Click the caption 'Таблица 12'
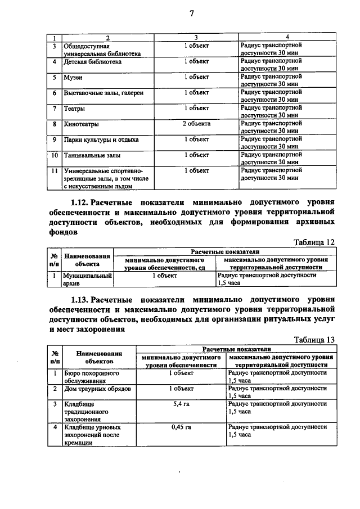314,242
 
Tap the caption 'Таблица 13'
314,340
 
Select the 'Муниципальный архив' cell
87,280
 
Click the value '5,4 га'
181,404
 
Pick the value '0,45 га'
181,427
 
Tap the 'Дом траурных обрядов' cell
97,389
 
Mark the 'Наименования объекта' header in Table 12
87,259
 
